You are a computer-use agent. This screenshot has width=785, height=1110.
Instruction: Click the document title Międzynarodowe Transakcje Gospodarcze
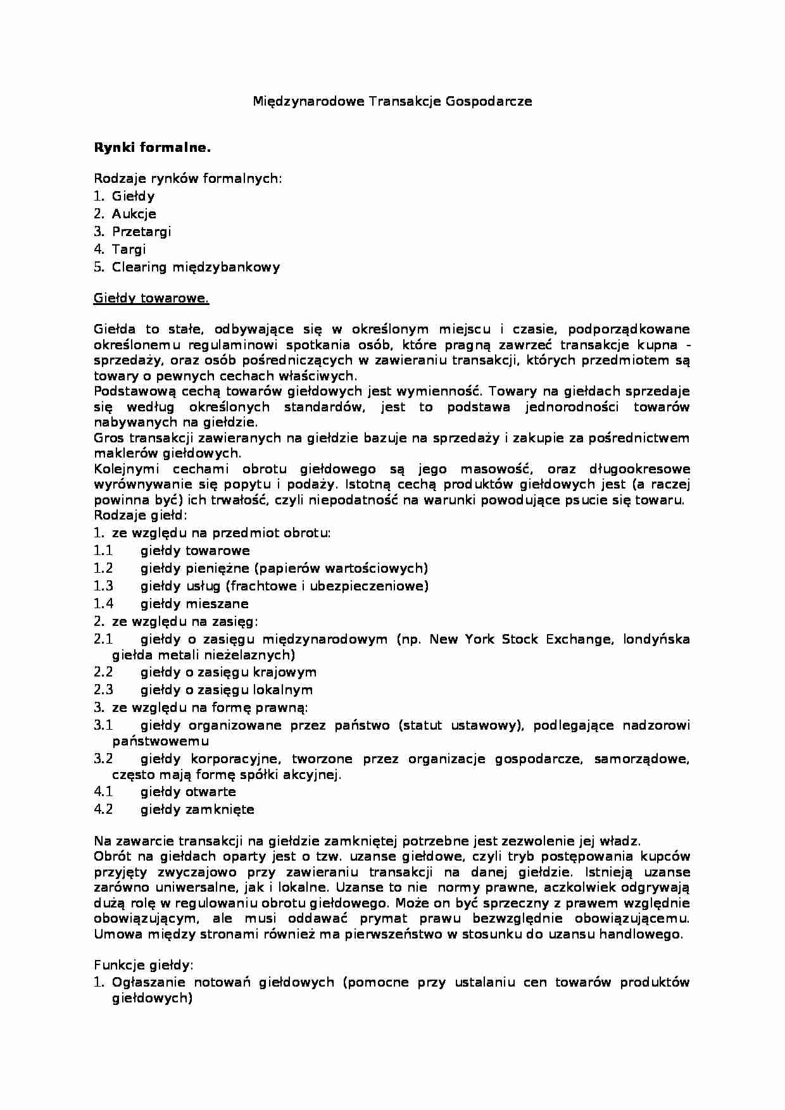pos(392,101)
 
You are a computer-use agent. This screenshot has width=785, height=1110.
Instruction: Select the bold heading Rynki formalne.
pos(152,148)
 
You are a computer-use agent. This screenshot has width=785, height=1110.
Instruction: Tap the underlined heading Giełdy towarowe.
pos(151,298)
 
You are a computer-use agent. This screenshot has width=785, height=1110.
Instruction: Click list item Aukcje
pos(134,214)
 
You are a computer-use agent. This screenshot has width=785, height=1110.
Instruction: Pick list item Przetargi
pos(141,232)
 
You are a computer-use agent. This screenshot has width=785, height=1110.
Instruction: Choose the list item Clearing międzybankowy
pos(196,267)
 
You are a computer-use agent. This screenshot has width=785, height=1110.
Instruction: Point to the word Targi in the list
pos(129,249)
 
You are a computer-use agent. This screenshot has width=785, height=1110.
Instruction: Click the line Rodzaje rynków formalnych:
pos(187,178)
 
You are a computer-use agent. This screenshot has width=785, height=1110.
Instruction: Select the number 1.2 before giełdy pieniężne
pos(103,568)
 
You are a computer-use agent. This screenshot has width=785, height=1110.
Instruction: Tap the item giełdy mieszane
pos(194,604)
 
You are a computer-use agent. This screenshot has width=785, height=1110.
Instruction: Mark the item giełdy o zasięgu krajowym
pos(228,672)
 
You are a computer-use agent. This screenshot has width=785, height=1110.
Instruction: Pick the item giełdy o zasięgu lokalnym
pos(226,690)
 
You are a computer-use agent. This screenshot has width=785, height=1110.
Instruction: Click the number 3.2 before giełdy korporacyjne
pos(103,759)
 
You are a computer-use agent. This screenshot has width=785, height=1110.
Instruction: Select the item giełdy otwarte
pos(188,792)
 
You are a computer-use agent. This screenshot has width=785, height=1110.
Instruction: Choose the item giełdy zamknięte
pos(197,809)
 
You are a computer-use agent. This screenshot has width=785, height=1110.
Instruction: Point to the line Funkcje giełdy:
pos(143,966)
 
